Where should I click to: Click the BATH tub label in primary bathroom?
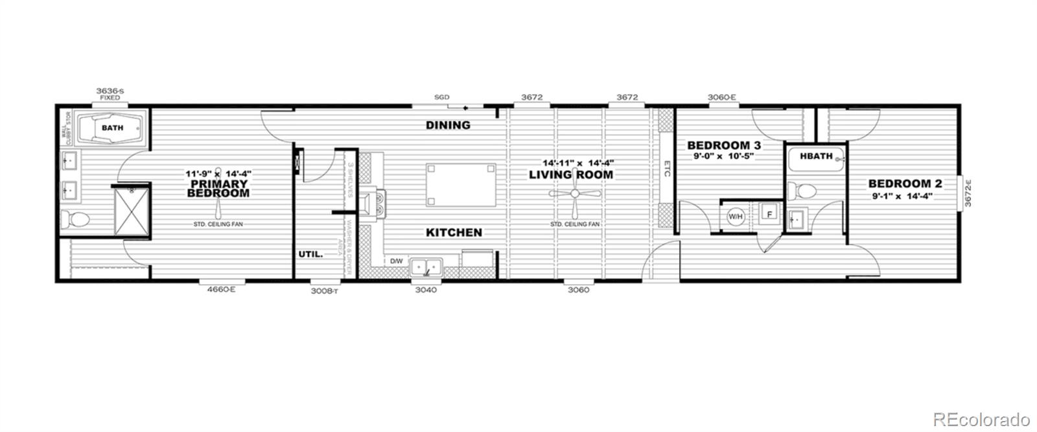tap(112, 128)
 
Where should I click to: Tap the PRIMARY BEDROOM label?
tap(218, 188)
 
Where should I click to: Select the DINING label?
tap(448, 125)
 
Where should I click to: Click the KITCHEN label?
tap(454, 232)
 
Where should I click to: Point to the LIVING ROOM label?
tap(571, 174)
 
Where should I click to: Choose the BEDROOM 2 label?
tap(905, 184)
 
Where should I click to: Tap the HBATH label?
tap(816, 156)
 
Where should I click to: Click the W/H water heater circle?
tap(736, 216)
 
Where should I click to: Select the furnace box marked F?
tap(770, 214)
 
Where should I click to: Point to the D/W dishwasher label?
tap(397, 261)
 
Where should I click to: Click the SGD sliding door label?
tap(441, 97)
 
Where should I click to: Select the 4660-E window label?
tap(220, 290)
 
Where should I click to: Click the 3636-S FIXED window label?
tap(110, 94)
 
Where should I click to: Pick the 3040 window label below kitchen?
tap(426, 290)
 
